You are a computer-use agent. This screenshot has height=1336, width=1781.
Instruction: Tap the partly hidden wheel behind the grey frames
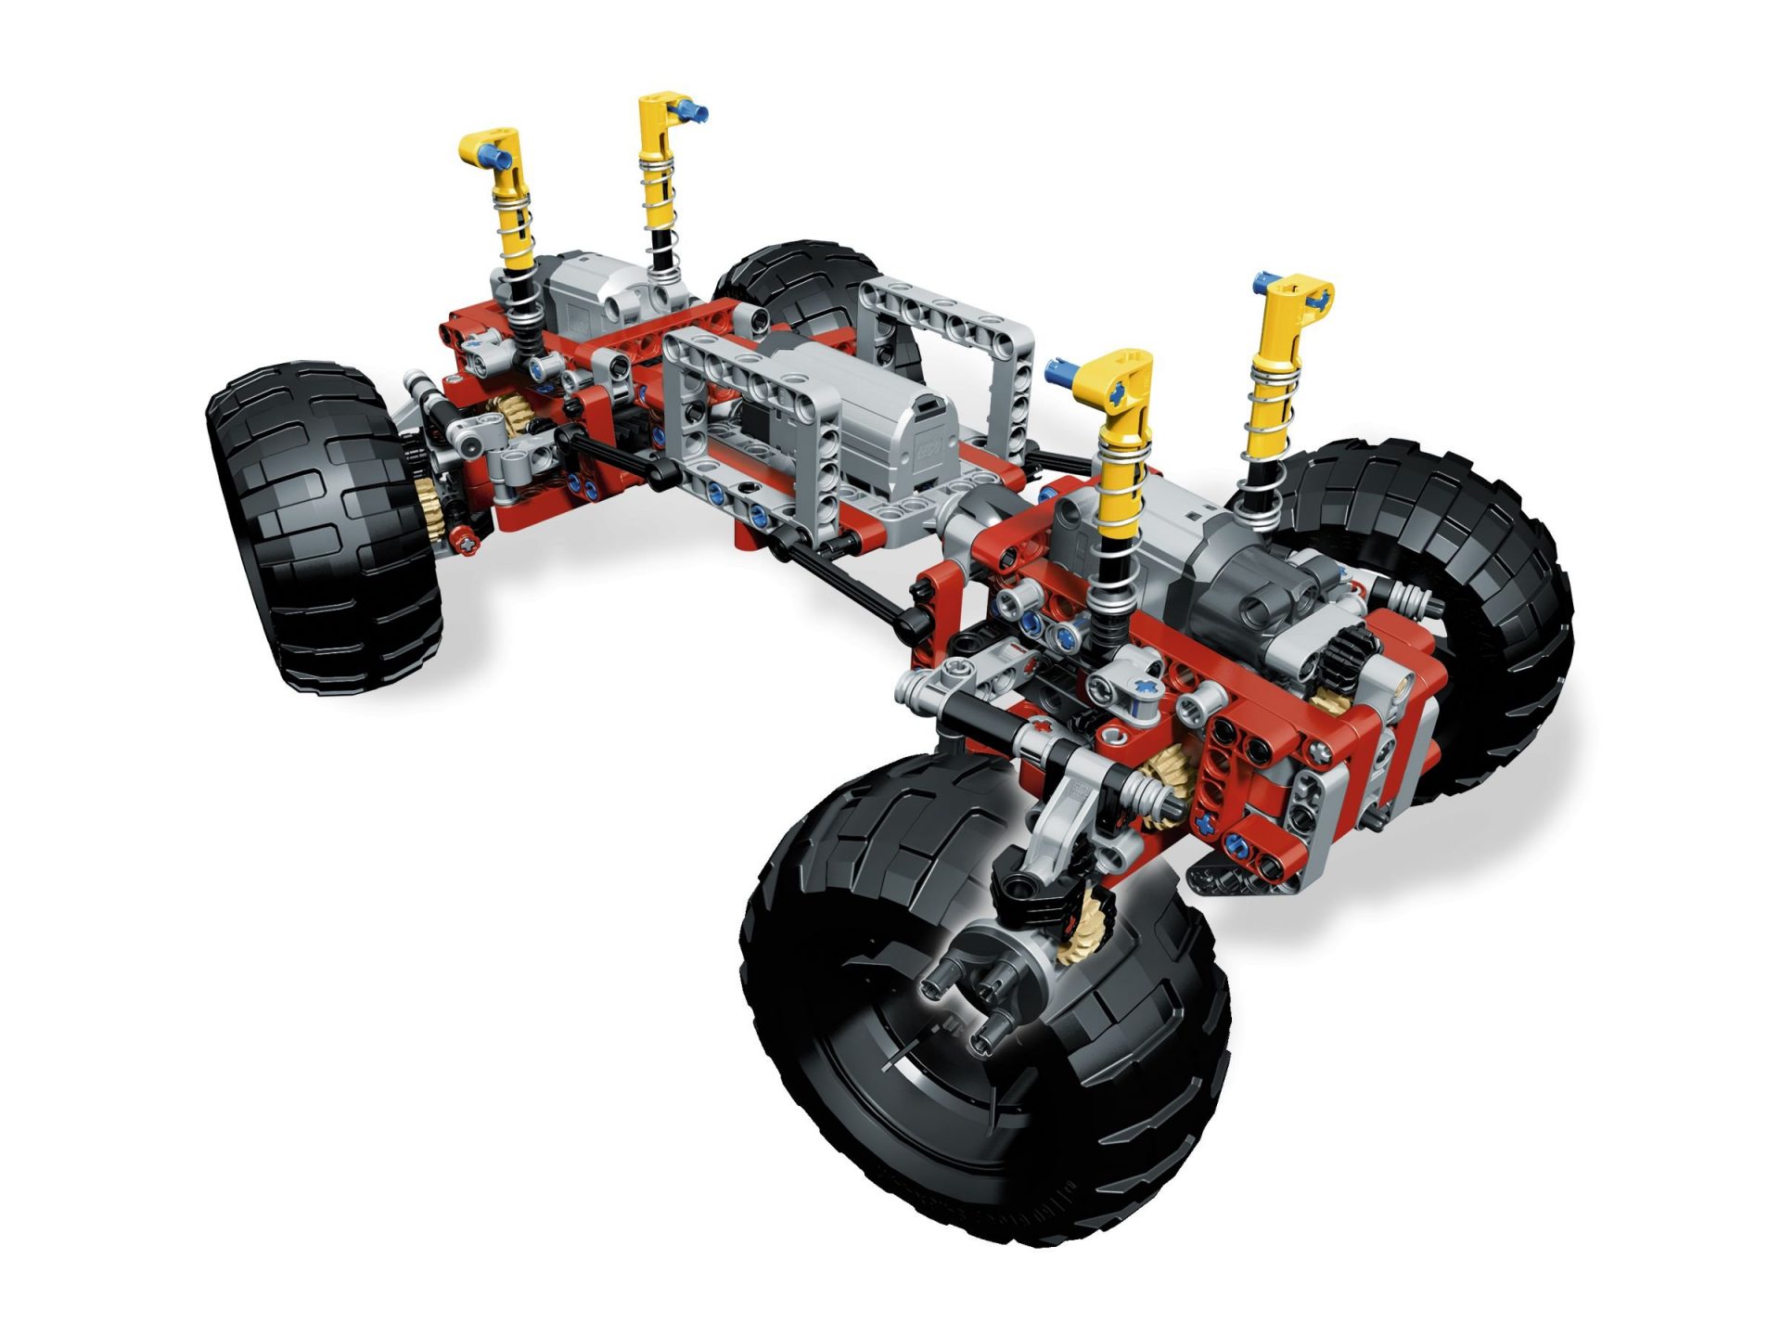pos(788,278)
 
